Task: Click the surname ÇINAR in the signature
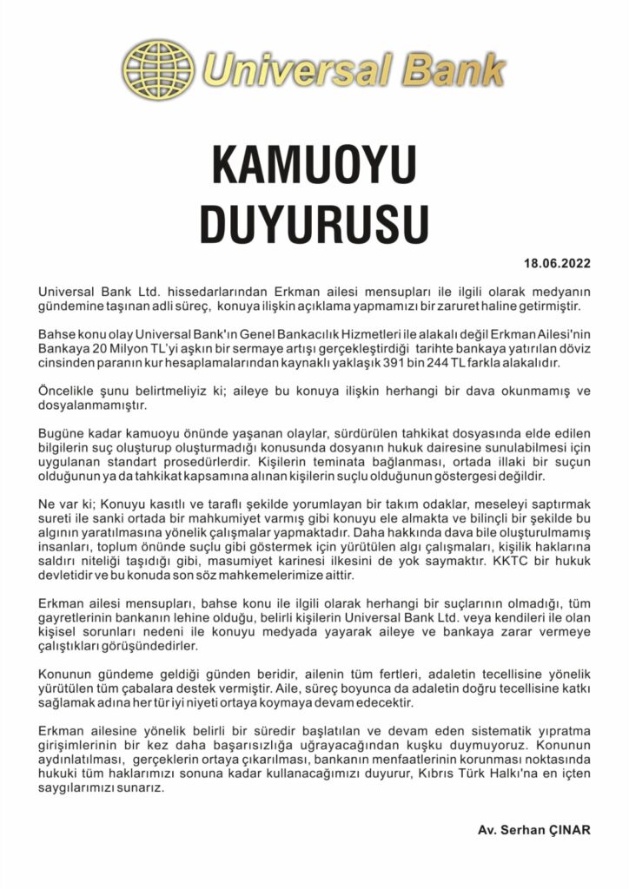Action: tap(567, 829)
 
